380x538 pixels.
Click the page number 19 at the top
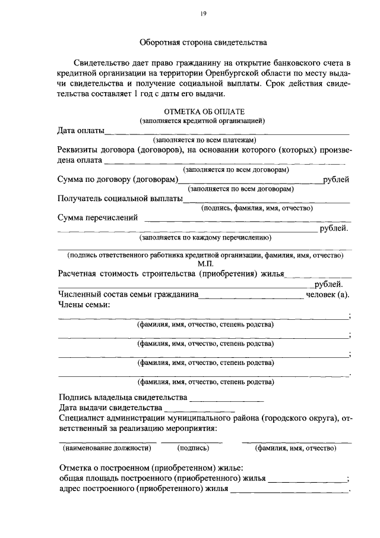[202, 17]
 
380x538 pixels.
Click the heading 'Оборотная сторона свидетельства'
[203, 43]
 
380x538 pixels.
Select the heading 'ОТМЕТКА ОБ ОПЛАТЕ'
[202, 112]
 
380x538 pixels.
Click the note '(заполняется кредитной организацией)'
[202, 121]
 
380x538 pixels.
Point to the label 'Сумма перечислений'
[98, 218]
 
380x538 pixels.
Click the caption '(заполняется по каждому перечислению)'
[205, 238]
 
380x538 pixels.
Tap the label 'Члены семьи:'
[84, 305]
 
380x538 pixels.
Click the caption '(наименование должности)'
[107, 448]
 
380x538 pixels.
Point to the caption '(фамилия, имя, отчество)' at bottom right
[295, 448]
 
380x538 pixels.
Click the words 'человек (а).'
[327, 294]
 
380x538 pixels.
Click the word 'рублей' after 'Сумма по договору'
[336, 179]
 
